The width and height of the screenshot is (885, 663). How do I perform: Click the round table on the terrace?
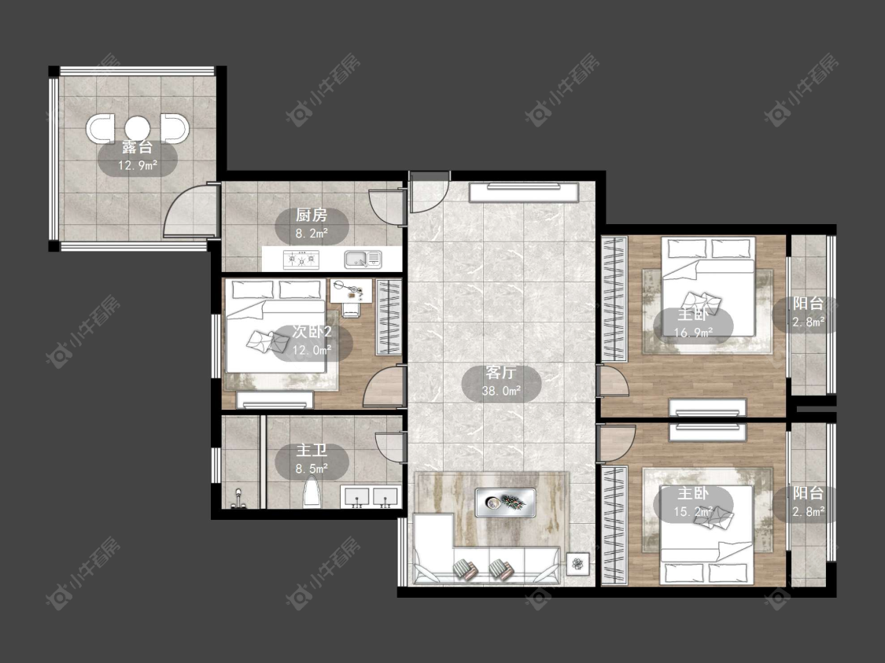click(136, 128)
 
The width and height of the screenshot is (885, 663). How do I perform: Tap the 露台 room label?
click(137, 148)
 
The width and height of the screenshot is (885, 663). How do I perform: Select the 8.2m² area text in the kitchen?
click(312, 233)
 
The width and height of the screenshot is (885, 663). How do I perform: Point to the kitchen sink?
click(363, 260)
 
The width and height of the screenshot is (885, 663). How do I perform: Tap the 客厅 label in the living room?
click(500, 373)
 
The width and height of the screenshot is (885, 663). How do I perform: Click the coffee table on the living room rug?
click(505, 502)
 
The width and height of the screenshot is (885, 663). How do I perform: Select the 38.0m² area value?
click(500, 390)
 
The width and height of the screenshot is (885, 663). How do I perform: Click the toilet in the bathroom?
click(312, 492)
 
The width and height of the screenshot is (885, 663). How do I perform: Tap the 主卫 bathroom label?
click(312, 451)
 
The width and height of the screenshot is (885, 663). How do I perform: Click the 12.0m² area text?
click(312, 351)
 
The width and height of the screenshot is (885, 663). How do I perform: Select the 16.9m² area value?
click(693, 333)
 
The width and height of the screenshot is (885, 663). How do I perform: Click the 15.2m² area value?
click(693, 512)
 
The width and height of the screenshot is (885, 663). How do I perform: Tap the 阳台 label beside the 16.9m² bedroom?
click(808, 304)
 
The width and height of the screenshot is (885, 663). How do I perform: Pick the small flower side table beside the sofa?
click(577, 563)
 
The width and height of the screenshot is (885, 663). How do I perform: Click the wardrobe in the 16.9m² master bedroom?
click(614, 299)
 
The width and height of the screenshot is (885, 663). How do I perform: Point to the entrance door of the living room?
click(429, 192)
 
